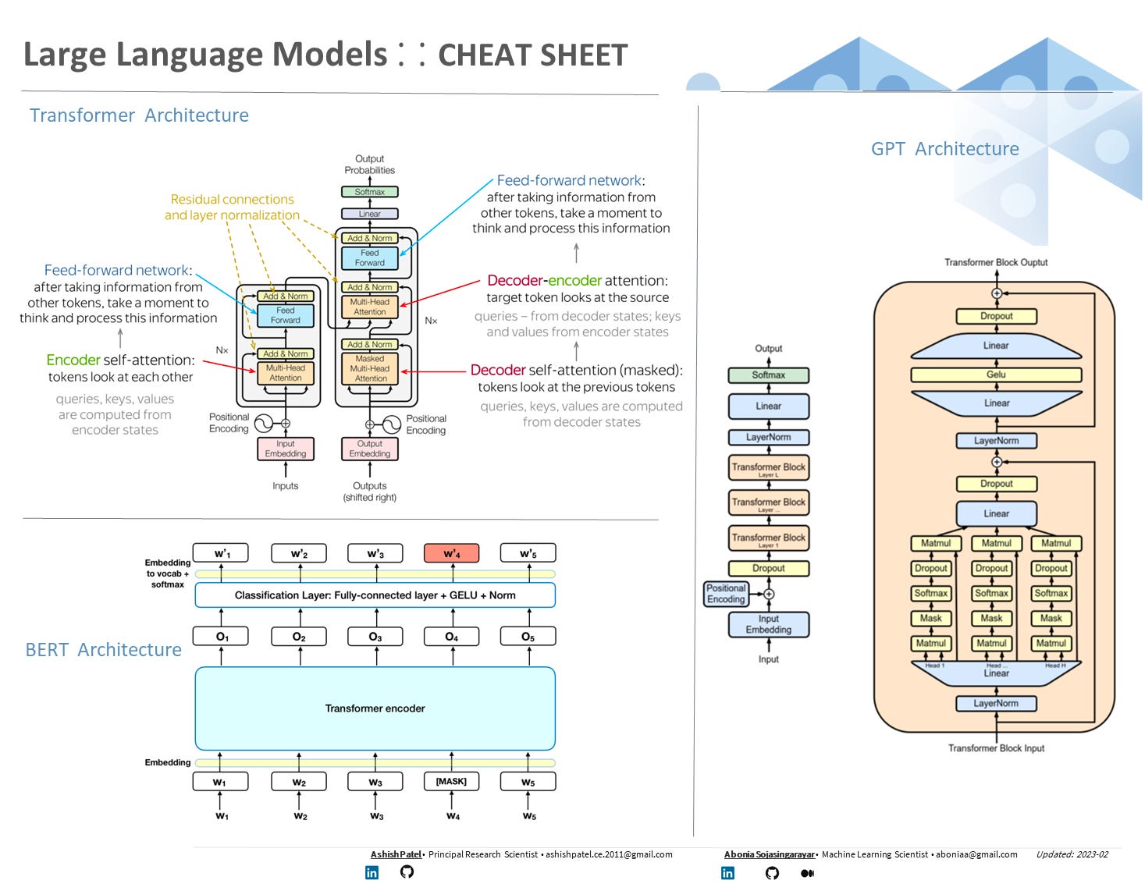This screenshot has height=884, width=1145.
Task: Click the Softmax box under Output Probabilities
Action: pos(370,192)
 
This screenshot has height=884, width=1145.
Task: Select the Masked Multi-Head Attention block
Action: pos(370,368)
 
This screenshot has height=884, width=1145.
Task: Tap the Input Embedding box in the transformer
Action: pos(286,449)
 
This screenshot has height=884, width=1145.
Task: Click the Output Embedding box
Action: pos(370,449)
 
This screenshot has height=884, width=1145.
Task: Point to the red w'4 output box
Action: pos(451,553)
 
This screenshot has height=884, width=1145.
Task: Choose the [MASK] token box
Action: pos(451,781)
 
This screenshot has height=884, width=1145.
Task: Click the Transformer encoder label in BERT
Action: pos(375,708)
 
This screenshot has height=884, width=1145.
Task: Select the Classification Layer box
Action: pos(375,595)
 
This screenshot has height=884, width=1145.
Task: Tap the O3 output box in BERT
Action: pos(375,637)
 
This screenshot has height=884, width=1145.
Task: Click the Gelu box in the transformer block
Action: pos(996,375)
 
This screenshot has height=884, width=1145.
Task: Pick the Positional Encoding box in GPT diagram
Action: pos(726,594)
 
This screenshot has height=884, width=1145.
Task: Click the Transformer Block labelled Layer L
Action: pos(768,468)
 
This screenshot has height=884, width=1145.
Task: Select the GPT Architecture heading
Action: pos(944,149)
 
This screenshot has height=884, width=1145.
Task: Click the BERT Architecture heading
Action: pos(103,650)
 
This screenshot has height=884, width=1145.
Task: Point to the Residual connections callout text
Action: pos(232,208)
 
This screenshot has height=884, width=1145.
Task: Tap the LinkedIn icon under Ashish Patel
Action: pos(372,872)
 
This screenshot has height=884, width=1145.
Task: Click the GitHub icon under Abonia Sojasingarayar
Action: pos(772,873)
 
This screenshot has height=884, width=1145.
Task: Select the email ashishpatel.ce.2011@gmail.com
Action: pos(609,854)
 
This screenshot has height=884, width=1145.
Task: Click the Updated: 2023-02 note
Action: pos(1072,854)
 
